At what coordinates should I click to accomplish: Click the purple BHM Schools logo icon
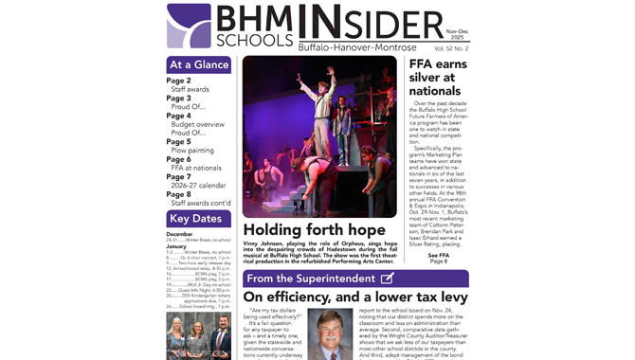pyautogui.click(x=189, y=27)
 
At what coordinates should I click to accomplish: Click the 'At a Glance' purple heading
pyautogui.click(x=199, y=65)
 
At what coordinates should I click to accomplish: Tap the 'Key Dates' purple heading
pyautogui.click(x=199, y=219)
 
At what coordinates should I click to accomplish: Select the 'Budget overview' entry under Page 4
pyautogui.click(x=197, y=124)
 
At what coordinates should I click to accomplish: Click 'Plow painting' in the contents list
pyautogui.click(x=192, y=150)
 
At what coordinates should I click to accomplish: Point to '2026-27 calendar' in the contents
pyautogui.click(x=198, y=186)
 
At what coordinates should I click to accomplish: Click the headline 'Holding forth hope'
pyautogui.click(x=314, y=229)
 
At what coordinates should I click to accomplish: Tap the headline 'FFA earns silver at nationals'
pyautogui.click(x=438, y=77)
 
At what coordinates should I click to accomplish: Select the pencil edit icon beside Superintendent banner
pyautogui.click(x=387, y=279)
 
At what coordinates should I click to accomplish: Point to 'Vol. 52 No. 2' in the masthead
pyautogui.click(x=451, y=47)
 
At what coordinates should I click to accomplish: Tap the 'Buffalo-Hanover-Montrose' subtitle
pyautogui.click(x=356, y=46)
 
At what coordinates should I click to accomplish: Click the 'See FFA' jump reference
pyautogui.click(x=438, y=255)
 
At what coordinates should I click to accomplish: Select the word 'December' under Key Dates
pyautogui.click(x=179, y=234)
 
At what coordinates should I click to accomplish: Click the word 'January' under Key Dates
pyautogui.click(x=176, y=245)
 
